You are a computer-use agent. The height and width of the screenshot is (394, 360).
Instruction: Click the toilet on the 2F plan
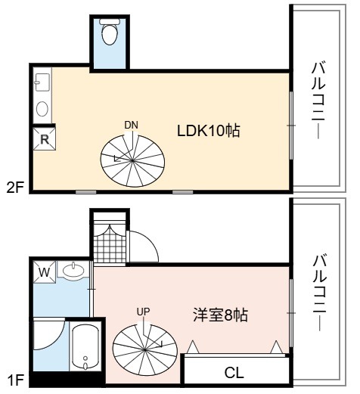(110, 32)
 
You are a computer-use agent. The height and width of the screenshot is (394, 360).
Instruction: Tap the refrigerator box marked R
(45, 139)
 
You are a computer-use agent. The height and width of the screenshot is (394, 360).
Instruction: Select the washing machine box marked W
(45, 272)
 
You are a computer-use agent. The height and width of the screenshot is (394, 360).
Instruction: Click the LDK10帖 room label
(208, 131)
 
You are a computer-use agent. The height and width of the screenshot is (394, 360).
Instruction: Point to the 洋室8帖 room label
(220, 315)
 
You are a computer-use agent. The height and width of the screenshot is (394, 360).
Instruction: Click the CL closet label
(234, 373)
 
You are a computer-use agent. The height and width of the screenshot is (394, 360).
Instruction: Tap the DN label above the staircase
(132, 126)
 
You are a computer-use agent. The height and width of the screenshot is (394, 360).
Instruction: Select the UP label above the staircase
(143, 312)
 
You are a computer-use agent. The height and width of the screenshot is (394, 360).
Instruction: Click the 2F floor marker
(15, 188)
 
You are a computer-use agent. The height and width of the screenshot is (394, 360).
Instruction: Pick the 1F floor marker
(15, 380)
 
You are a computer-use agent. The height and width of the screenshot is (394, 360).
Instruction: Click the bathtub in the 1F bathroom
(85, 347)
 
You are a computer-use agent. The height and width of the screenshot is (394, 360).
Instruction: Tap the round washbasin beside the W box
(73, 271)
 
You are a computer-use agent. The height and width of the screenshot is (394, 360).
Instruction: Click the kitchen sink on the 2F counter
(42, 82)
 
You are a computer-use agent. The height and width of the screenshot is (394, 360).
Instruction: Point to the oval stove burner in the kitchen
(42, 109)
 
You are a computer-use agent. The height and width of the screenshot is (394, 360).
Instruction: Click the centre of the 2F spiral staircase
(132, 160)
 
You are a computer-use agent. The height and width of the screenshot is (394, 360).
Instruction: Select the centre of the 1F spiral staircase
(144, 350)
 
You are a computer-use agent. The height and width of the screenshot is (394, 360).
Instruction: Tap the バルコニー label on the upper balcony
(318, 101)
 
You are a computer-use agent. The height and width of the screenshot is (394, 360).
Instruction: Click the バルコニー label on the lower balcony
(320, 293)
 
